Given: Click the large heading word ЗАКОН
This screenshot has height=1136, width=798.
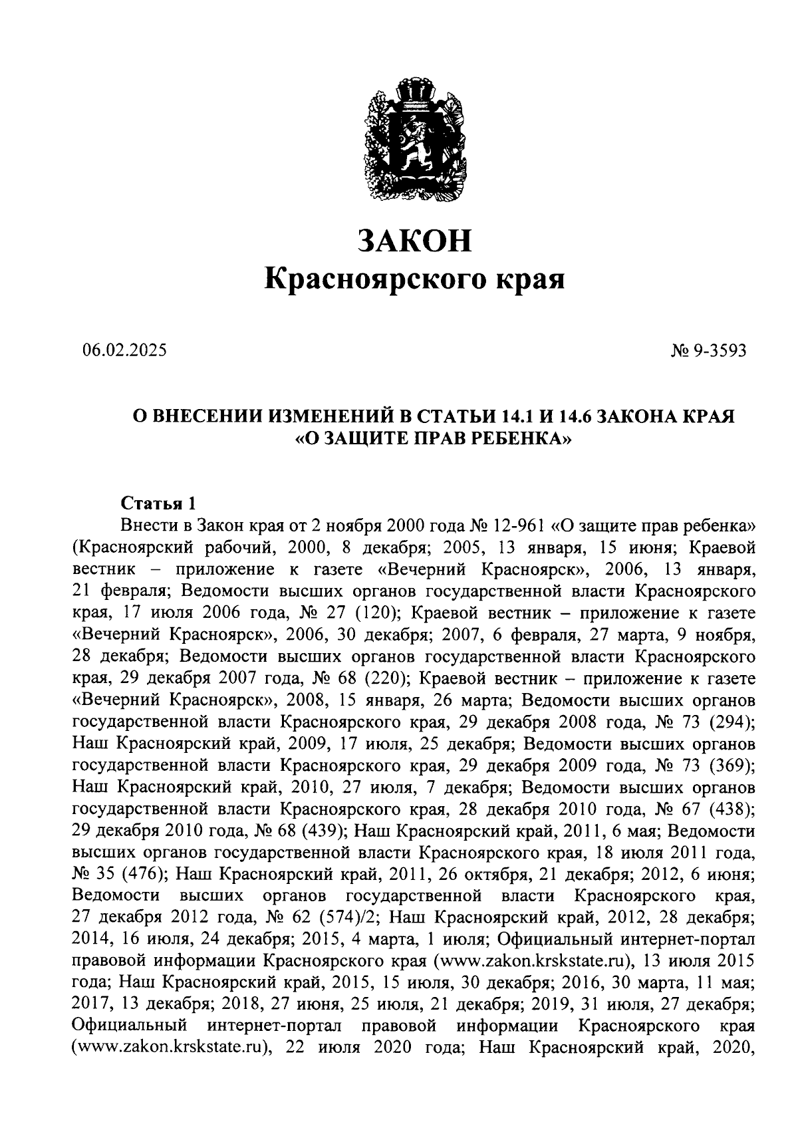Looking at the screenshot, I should [x=414, y=240].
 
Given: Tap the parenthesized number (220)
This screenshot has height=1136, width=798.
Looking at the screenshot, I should [x=387, y=678].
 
